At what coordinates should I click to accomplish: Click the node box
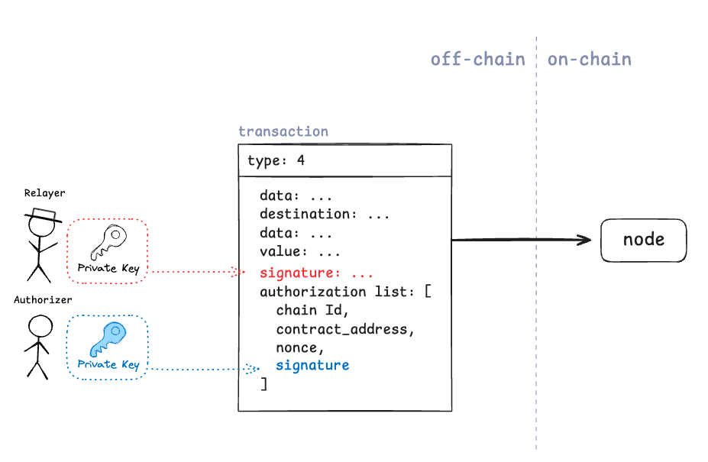tap(643, 241)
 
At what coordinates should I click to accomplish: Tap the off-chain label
tap(477, 59)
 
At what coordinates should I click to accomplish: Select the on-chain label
tap(590, 59)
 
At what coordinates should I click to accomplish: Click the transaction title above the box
tap(283, 131)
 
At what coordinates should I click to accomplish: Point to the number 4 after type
tap(301, 160)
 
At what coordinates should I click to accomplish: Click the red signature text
tap(300, 273)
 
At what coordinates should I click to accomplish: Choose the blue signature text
tap(312, 365)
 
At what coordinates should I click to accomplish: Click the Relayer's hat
tap(44, 215)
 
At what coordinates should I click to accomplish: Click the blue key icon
tap(108, 339)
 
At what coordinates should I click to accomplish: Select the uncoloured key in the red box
tap(108, 242)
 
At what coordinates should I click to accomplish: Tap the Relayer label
tap(45, 193)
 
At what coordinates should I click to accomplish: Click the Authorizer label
tap(43, 300)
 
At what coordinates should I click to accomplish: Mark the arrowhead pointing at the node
tap(584, 240)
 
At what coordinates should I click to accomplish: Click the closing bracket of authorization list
tap(264, 384)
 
